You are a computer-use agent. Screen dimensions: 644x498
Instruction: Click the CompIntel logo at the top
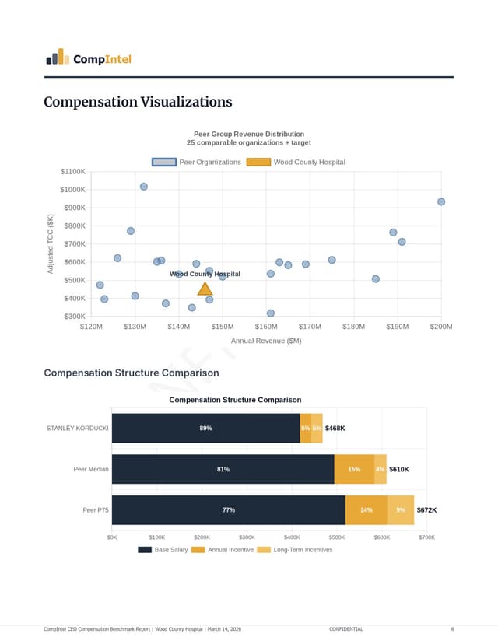(x=88, y=58)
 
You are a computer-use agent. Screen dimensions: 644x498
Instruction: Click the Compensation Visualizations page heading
(x=138, y=102)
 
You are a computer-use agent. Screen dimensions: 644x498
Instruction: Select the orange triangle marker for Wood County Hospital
(x=205, y=289)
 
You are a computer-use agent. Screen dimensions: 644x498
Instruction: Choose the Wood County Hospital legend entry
(x=296, y=162)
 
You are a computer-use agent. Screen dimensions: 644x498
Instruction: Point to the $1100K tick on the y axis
(x=72, y=171)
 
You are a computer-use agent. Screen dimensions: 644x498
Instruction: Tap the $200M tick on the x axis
(x=440, y=327)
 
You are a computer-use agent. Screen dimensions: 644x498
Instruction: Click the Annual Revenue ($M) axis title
(x=266, y=341)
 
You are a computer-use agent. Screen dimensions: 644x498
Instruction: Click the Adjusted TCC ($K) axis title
(x=51, y=243)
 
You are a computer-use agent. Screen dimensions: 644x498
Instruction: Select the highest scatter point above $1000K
(x=143, y=187)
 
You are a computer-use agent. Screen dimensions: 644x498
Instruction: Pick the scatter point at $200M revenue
(x=441, y=201)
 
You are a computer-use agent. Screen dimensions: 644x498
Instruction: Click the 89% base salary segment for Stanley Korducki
(x=205, y=428)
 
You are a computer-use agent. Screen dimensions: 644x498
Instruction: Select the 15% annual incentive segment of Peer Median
(x=354, y=469)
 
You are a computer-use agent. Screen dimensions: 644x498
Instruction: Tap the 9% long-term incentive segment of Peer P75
(x=400, y=510)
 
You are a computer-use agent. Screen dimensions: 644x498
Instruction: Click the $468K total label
(x=335, y=428)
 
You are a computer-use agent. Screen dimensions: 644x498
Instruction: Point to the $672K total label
(x=426, y=510)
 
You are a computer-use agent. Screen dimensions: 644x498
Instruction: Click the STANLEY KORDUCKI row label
(x=77, y=428)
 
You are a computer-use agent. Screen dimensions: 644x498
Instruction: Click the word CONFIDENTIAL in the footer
(x=345, y=628)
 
